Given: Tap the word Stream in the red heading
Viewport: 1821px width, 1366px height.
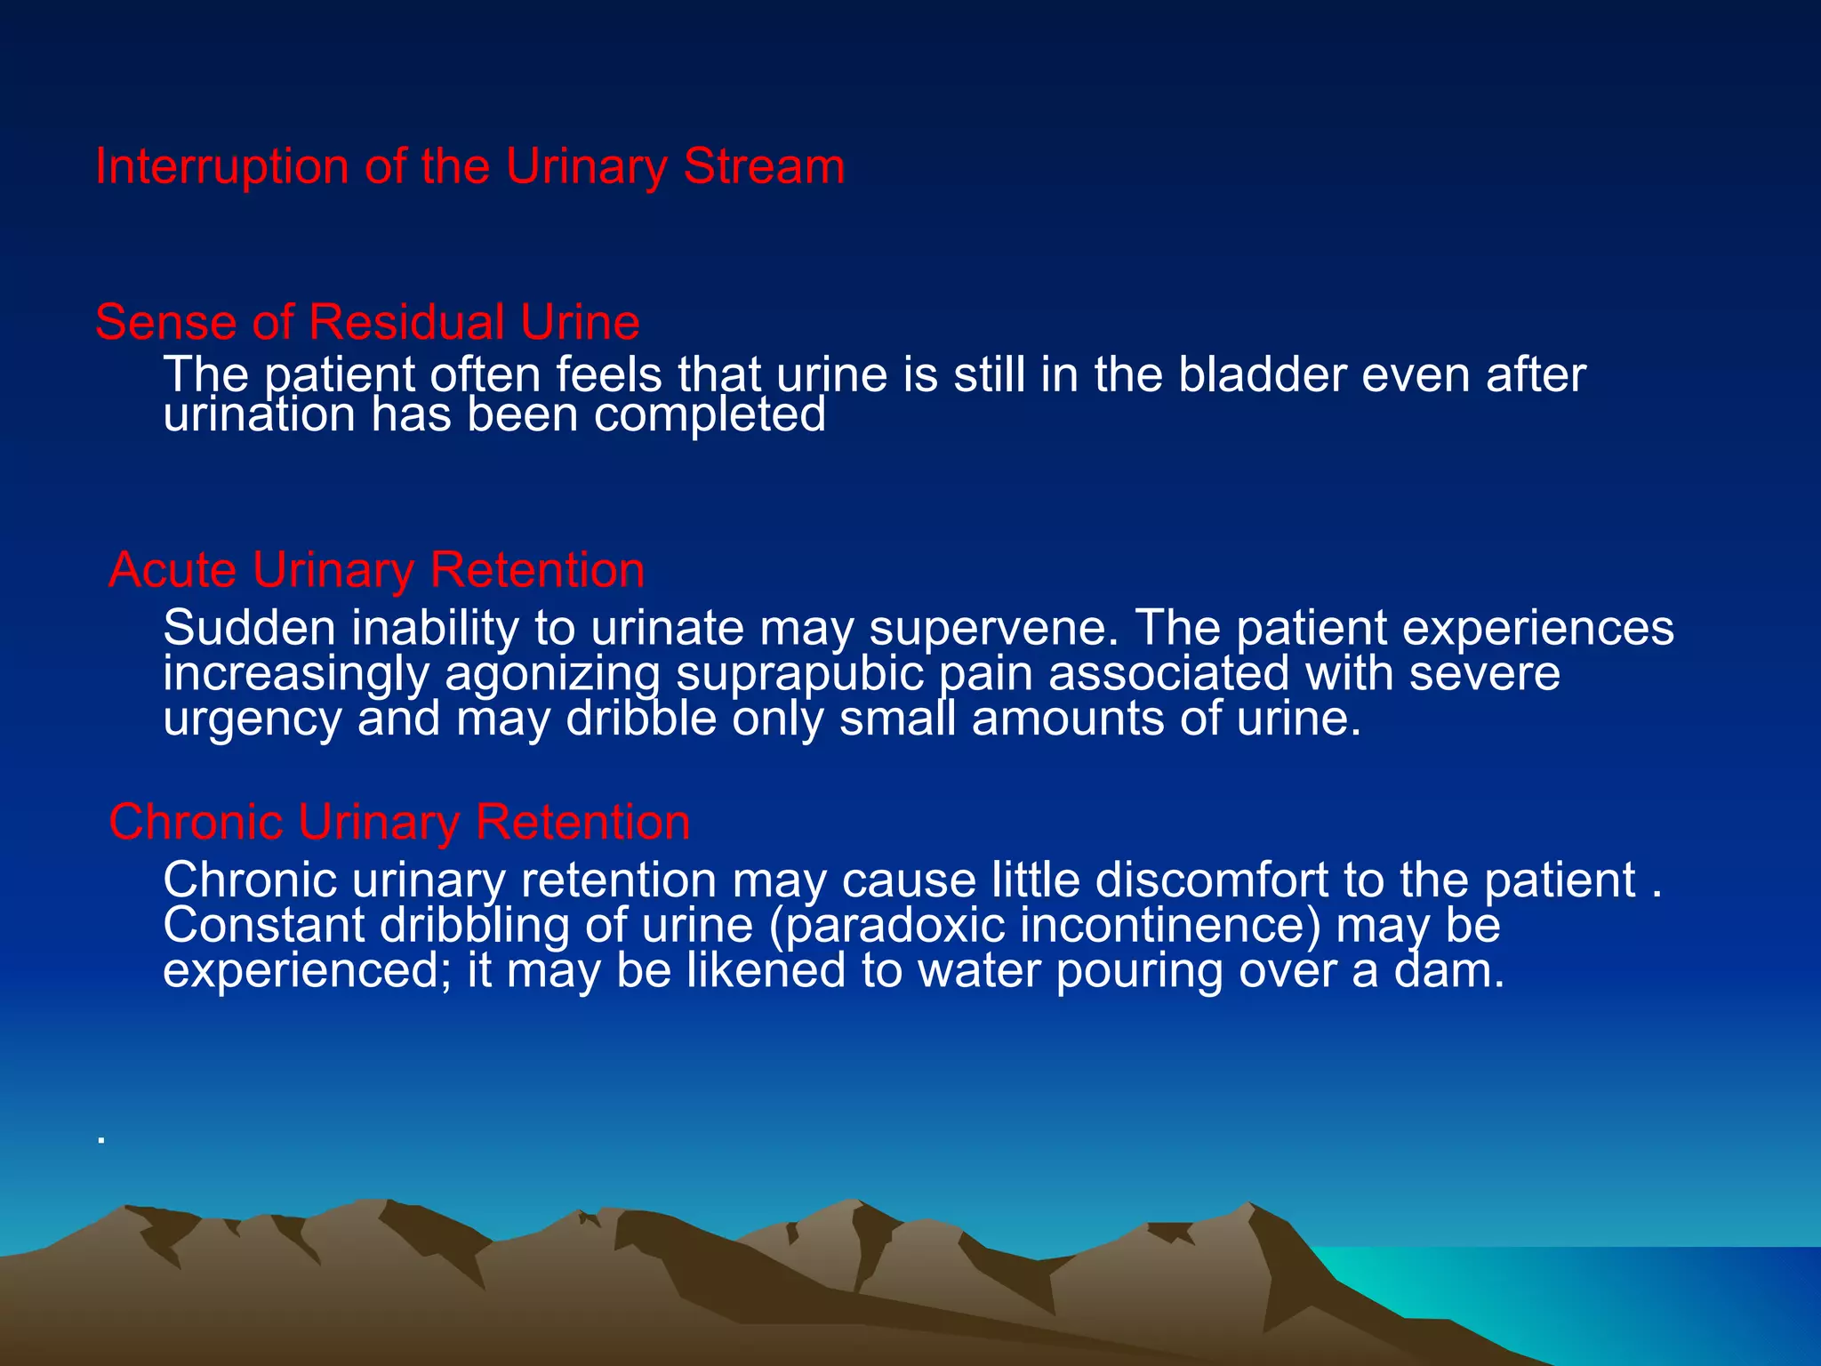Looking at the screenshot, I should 764,167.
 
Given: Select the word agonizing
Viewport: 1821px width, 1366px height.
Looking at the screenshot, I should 552,673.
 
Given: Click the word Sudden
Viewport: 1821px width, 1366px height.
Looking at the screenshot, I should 250,628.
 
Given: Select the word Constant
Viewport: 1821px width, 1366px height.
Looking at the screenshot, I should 263,926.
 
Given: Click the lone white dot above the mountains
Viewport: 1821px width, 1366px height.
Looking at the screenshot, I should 102,1139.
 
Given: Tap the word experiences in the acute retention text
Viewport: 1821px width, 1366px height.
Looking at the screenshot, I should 1538,628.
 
